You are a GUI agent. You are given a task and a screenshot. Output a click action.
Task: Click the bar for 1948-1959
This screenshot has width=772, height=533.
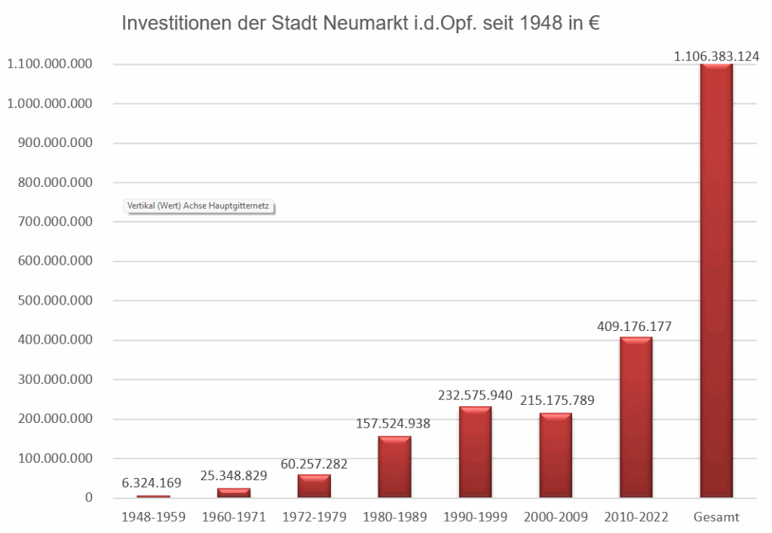pyautogui.click(x=153, y=496)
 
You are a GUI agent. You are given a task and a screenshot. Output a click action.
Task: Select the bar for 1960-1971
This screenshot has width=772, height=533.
pyautogui.click(x=234, y=493)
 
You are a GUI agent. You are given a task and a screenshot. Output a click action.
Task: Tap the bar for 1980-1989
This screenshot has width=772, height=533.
pyautogui.click(x=394, y=467)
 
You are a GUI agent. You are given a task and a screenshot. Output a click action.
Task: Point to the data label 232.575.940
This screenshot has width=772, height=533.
pyautogui.click(x=475, y=395)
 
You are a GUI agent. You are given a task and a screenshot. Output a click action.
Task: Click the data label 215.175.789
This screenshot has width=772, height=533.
pyautogui.click(x=556, y=401)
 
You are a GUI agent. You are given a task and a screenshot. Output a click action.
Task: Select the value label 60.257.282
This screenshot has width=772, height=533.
pyautogui.click(x=314, y=462)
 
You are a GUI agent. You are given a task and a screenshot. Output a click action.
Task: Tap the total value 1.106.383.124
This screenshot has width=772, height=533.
pyautogui.click(x=716, y=56)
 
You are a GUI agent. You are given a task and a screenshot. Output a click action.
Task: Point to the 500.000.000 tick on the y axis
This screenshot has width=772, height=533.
pyautogui.click(x=50, y=301)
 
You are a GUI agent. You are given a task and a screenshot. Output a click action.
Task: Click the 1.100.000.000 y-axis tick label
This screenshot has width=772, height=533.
pyautogui.click(x=50, y=65)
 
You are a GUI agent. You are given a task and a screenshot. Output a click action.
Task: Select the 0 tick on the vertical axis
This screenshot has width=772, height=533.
pyautogui.click(x=88, y=498)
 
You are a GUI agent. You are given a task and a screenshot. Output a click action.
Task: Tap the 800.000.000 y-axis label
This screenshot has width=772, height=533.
pyautogui.click(x=50, y=182)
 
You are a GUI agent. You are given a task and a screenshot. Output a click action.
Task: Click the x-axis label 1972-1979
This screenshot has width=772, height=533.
pyautogui.click(x=314, y=517)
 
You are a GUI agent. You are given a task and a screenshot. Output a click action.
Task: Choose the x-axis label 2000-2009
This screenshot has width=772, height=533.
pyautogui.click(x=556, y=517)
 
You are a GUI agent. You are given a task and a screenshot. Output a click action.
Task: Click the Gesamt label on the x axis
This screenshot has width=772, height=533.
pyautogui.click(x=716, y=517)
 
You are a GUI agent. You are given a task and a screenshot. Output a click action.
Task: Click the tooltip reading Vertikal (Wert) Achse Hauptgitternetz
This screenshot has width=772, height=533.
pyautogui.click(x=198, y=205)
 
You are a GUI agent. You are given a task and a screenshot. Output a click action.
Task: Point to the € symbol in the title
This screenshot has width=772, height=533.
pyautogui.click(x=593, y=24)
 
